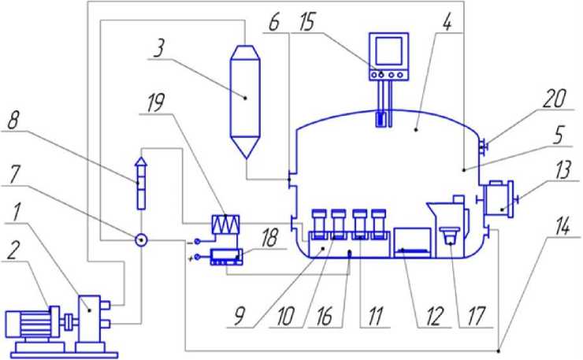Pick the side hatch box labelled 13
(x=499, y=199)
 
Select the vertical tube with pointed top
(x=141, y=181)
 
